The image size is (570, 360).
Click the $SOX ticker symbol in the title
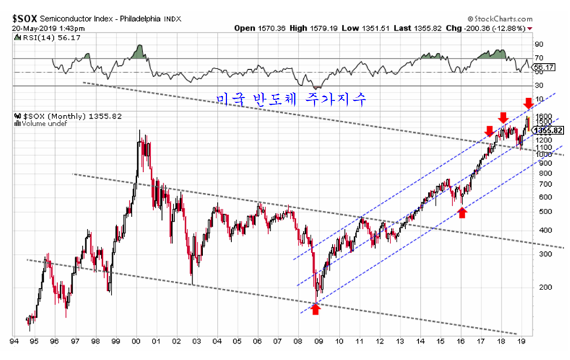[25, 18]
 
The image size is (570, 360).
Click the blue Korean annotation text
[292, 99]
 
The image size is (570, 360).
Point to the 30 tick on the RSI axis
[538, 86]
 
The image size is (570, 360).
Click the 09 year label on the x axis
[319, 341]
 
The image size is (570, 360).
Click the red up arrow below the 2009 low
[315, 309]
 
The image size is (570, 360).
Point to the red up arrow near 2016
[461, 212]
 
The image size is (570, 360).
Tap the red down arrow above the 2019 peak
[528, 103]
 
